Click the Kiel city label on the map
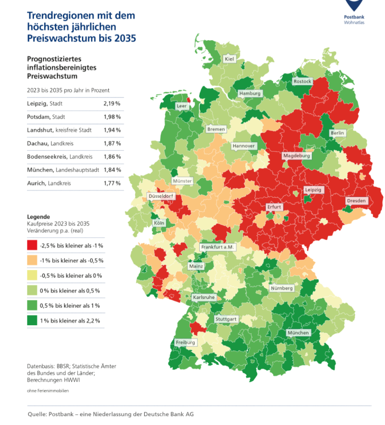(x=229, y=59)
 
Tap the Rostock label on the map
(x=303, y=82)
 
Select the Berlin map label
(x=338, y=133)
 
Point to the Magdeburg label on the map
(x=296, y=156)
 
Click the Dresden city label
(x=356, y=201)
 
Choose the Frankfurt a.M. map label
(x=217, y=247)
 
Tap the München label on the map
(x=298, y=333)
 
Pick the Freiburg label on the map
(x=185, y=343)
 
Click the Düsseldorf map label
(x=161, y=196)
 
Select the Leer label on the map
(x=182, y=106)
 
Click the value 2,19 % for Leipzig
(x=112, y=104)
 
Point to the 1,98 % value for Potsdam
(x=112, y=117)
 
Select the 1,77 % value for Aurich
(x=112, y=183)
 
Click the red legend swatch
(x=32, y=245)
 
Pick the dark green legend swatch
(x=32, y=320)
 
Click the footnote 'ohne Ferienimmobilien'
(x=48, y=391)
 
